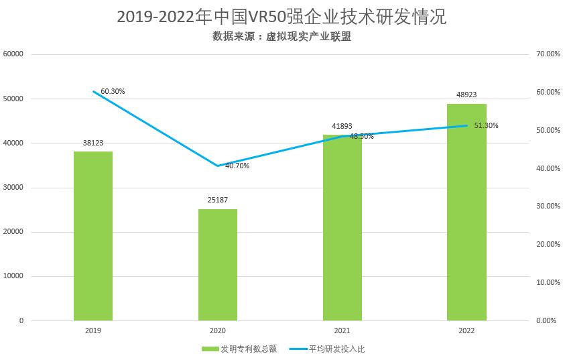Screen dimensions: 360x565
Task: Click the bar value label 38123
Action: click(x=93, y=143)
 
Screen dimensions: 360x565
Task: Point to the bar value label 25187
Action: click(x=218, y=200)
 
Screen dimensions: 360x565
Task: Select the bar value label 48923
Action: click(x=466, y=95)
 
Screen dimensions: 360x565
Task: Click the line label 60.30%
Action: click(x=113, y=91)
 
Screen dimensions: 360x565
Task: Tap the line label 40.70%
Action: click(x=237, y=166)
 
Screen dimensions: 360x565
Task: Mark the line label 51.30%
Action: click(x=486, y=125)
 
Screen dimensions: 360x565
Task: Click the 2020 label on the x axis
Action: click(x=218, y=331)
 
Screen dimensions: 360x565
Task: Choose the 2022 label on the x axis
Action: click(x=466, y=331)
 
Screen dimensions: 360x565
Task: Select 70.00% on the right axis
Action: click(x=548, y=54)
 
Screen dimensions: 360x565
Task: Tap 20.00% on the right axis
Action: click(x=548, y=245)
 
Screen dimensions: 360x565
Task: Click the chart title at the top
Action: click(x=281, y=16)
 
